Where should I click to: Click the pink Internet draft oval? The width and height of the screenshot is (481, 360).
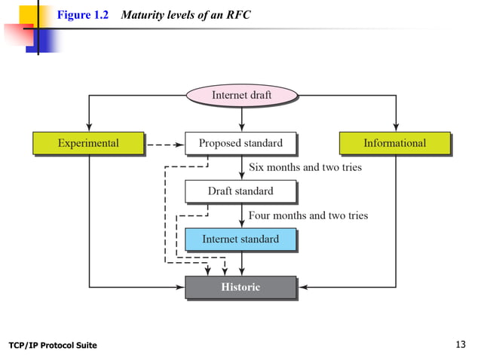point(241,96)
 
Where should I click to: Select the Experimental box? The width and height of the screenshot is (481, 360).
point(88,143)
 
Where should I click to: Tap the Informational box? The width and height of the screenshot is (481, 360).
point(394,143)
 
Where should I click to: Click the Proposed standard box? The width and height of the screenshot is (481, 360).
point(240,143)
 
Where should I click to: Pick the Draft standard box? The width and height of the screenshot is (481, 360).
point(240,191)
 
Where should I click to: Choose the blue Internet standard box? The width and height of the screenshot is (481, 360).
point(240,239)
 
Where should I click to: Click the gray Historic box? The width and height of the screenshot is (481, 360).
point(240,287)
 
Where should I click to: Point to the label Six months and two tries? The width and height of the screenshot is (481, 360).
point(305,167)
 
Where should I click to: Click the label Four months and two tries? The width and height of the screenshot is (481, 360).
point(308,215)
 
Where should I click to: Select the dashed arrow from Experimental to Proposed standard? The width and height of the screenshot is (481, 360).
point(164,143)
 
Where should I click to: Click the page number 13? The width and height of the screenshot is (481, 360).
point(461,345)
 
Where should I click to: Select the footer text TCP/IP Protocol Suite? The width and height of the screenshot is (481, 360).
point(53,346)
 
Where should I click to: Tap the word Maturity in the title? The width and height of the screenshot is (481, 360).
point(143,15)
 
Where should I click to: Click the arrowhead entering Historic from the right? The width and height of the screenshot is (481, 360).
point(303,287)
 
